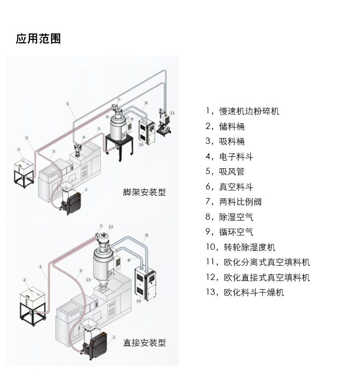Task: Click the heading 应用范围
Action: pos(38,39)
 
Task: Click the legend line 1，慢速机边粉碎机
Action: pos(242,111)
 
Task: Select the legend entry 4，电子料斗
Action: pos(229,157)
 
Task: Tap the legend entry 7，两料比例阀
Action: pos(233,202)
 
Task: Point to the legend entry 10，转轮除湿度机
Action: pos(240,247)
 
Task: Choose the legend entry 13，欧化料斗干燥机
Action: pos(245,292)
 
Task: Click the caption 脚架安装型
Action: pos(144,192)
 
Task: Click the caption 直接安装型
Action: pos(144,343)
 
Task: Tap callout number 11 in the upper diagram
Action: pos(172,113)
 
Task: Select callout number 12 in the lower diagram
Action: pos(110,227)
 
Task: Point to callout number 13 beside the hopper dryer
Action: pos(88,280)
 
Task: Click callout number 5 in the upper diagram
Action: pos(68,104)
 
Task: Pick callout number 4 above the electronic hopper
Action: pos(84,138)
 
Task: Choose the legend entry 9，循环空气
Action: pos(229,232)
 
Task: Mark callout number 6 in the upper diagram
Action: pos(108,117)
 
